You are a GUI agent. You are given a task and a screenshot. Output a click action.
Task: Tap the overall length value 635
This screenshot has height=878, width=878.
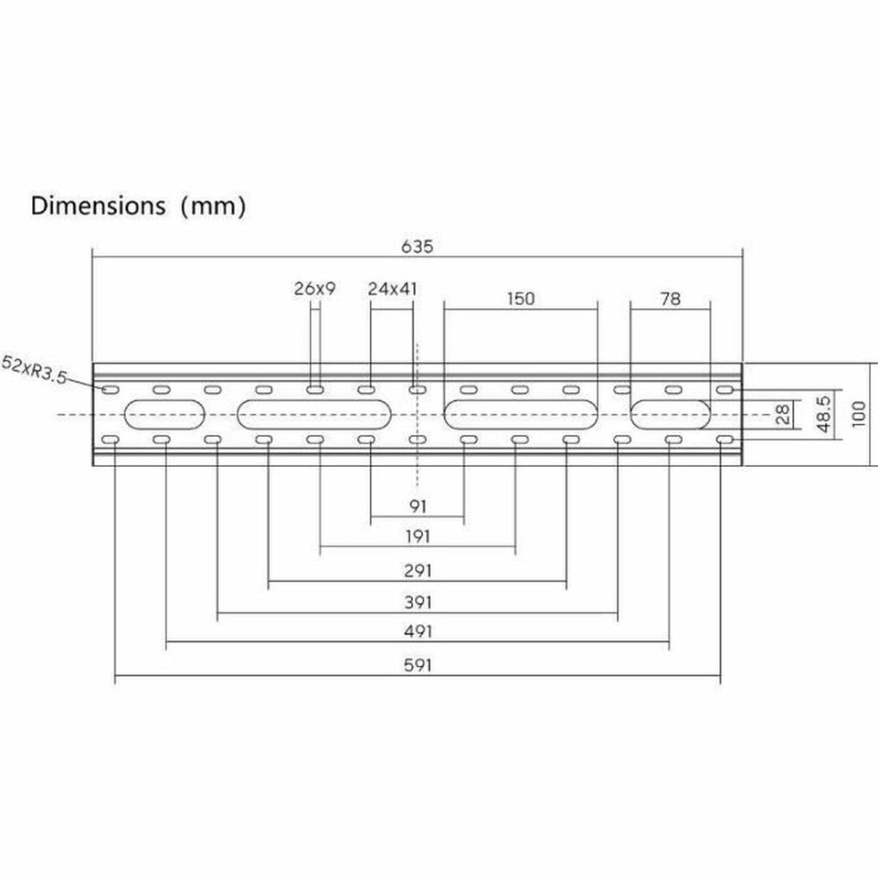point(417,247)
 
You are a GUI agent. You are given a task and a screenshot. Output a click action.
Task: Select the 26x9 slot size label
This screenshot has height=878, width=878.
point(315,289)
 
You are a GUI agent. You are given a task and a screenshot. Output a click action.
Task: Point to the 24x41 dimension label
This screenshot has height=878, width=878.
point(393,289)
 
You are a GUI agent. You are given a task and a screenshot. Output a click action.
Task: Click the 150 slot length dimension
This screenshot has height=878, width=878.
point(520,298)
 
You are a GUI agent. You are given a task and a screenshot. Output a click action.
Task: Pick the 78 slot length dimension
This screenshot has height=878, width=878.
point(671,298)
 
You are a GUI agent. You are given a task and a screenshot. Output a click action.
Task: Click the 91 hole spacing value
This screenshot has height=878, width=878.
point(418,505)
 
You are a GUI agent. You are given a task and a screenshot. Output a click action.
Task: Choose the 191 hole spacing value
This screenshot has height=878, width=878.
point(418,537)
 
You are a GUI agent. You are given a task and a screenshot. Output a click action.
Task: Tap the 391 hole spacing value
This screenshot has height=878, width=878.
point(418,602)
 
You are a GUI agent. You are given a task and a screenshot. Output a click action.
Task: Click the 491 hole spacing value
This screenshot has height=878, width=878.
point(418,632)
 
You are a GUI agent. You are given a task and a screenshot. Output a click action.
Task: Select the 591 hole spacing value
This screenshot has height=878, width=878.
point(418,665)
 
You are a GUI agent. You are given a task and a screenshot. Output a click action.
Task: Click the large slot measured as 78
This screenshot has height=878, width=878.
point(671,415)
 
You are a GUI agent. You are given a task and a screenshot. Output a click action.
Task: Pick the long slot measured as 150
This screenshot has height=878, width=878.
point(521,415)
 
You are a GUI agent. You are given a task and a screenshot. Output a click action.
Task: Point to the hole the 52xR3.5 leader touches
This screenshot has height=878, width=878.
point(110,390)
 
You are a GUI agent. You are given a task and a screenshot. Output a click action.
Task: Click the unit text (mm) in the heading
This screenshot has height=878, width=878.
point(213,206)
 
